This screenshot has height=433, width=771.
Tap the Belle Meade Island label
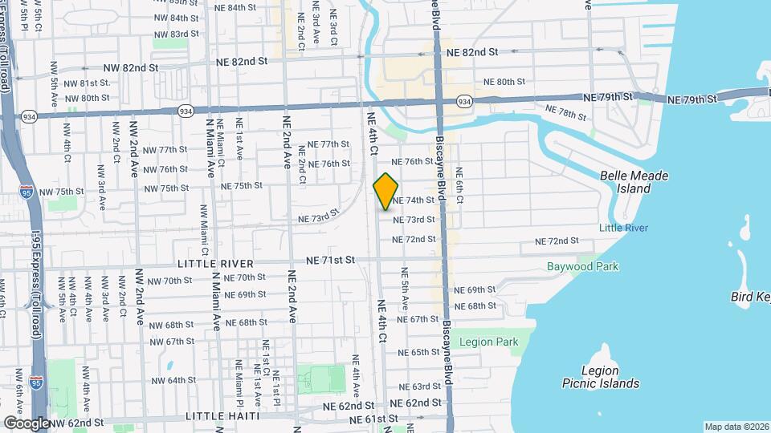634,181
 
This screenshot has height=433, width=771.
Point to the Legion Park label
489,342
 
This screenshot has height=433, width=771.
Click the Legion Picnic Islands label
601,377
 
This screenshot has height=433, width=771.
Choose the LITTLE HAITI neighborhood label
222,416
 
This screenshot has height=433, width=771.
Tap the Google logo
26,423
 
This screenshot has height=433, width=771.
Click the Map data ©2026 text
736,427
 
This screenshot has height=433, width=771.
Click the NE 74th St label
414,200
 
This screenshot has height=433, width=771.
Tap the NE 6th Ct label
459,184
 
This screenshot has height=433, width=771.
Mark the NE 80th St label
504,82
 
